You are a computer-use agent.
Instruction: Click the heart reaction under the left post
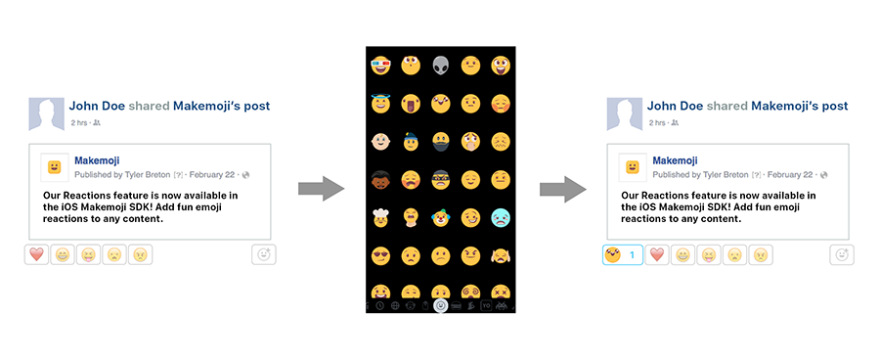pos(37,254)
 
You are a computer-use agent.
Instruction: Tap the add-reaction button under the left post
pos(264,254)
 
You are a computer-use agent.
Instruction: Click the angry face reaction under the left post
pos(140,254)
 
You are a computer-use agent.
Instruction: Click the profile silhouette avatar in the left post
pos(46,114)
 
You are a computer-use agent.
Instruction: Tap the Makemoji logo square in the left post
pos(55,167)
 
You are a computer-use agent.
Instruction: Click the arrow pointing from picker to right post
pos(562,187)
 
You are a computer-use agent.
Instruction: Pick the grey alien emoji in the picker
pos(442,66)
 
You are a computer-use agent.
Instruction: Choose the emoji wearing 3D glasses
pos(380,66)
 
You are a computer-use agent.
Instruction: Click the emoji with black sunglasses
pos(380,255)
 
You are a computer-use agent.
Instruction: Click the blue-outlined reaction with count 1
pos(623,254)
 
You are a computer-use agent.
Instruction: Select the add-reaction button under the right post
pos(841,254)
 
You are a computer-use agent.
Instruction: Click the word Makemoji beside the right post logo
pos(675,160)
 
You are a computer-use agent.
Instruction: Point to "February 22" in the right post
pos(787,175)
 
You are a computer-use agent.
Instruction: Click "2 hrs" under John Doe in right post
pos(657,122)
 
